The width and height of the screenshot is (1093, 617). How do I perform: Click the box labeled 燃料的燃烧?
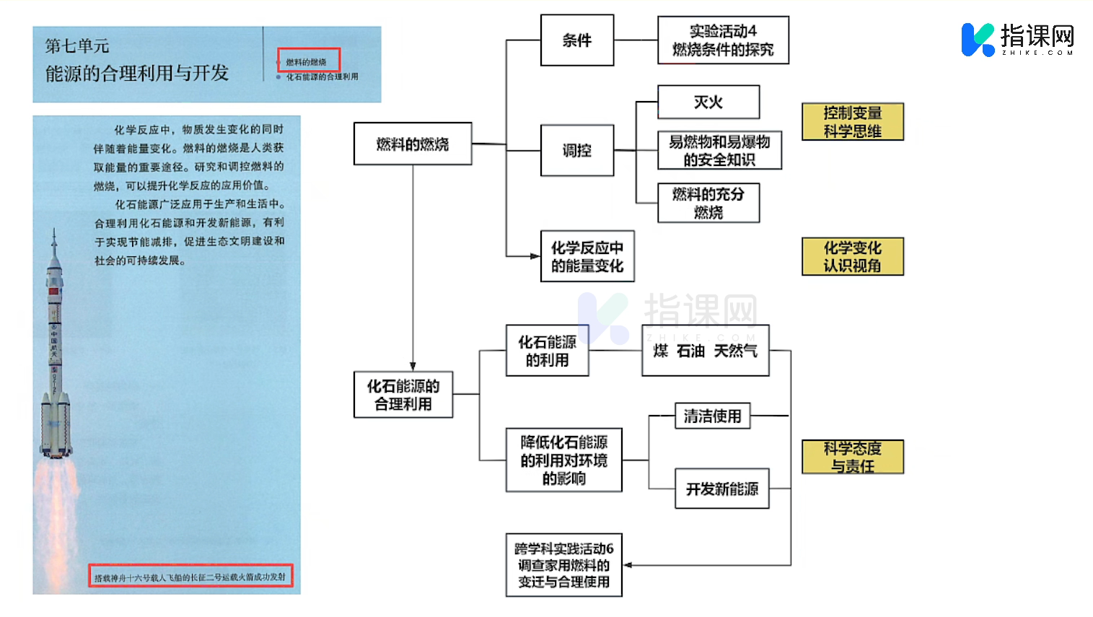coord(413,144)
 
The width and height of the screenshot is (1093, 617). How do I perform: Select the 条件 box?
coord(577,40)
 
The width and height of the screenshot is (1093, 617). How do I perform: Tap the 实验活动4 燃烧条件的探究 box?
coord(723,40)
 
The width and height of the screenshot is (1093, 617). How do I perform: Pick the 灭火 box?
coord(708,102)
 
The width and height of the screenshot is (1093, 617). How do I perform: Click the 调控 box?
coord(577,150)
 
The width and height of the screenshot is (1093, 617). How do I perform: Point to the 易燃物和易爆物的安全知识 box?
coord(719,150)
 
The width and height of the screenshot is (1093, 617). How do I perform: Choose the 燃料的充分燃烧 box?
coord(708,203)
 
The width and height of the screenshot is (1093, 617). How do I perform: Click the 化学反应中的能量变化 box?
coord(587,256)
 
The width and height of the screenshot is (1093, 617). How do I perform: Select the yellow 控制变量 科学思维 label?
coord(852,121)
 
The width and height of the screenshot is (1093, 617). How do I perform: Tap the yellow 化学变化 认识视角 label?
coord(852,256)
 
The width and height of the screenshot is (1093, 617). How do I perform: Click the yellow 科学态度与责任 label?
coord(852,457)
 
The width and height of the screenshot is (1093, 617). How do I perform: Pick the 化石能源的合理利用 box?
coord(403,394)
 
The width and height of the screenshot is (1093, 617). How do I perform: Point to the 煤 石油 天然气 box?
coord(705,351)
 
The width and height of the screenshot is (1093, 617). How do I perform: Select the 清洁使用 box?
coord(712,416)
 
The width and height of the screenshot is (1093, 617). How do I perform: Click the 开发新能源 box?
coord(721,489)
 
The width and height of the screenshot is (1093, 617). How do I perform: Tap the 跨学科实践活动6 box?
coord(563,565)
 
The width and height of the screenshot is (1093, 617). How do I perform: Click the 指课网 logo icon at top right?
coord(978,39)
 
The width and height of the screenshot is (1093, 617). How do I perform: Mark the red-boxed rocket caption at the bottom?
coord(190,576)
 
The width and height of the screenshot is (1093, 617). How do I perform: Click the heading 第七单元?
coord(77,46)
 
